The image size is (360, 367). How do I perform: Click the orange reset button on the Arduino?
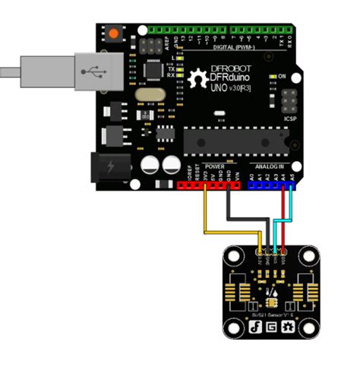[x=115, y=35]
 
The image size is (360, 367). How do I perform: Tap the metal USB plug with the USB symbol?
[x=96, y=71]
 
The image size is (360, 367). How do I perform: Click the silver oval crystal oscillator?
[x=145, y=95]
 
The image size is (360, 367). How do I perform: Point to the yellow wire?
[x=204, y=220]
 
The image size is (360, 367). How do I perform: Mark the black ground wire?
[x=228, y=209]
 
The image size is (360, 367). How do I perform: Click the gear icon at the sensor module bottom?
[x=288, y=327]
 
